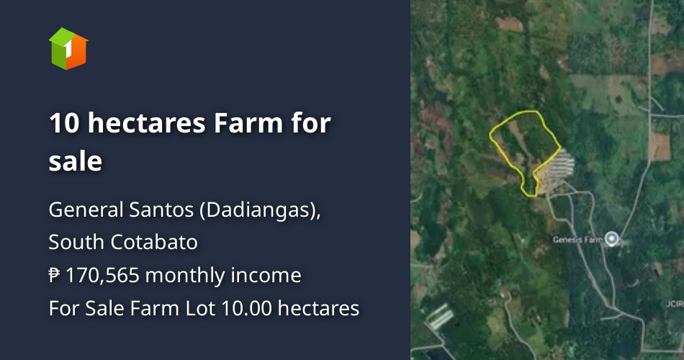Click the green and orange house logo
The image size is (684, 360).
(68, 48)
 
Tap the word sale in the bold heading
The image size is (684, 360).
(75, 161)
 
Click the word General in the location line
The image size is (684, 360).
(78, 211)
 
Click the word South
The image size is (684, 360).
(76, 243)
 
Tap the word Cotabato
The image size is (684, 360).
(155, 243)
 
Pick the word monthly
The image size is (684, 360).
(186, 275)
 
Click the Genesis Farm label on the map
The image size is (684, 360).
(577, 239)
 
